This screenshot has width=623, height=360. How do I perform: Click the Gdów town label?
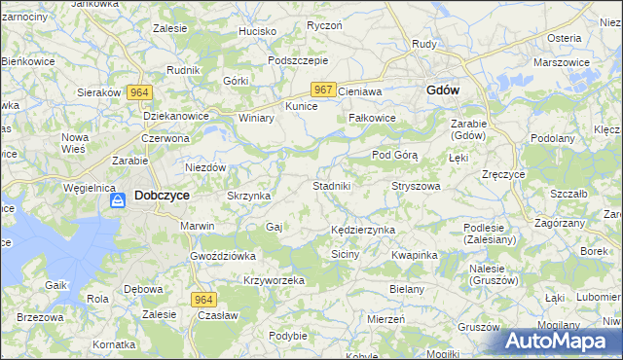point(443,90)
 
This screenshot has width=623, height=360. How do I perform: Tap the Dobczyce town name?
point(162,195)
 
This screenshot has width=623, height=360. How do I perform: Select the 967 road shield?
point(325,90)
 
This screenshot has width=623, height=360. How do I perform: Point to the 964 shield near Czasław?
point(202,300)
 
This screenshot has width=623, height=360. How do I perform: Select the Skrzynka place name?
point(248,196)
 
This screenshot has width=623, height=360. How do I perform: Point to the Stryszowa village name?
point(416,185)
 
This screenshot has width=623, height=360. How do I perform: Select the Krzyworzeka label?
point(275,280)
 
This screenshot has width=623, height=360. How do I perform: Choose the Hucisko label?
point(258,31)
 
